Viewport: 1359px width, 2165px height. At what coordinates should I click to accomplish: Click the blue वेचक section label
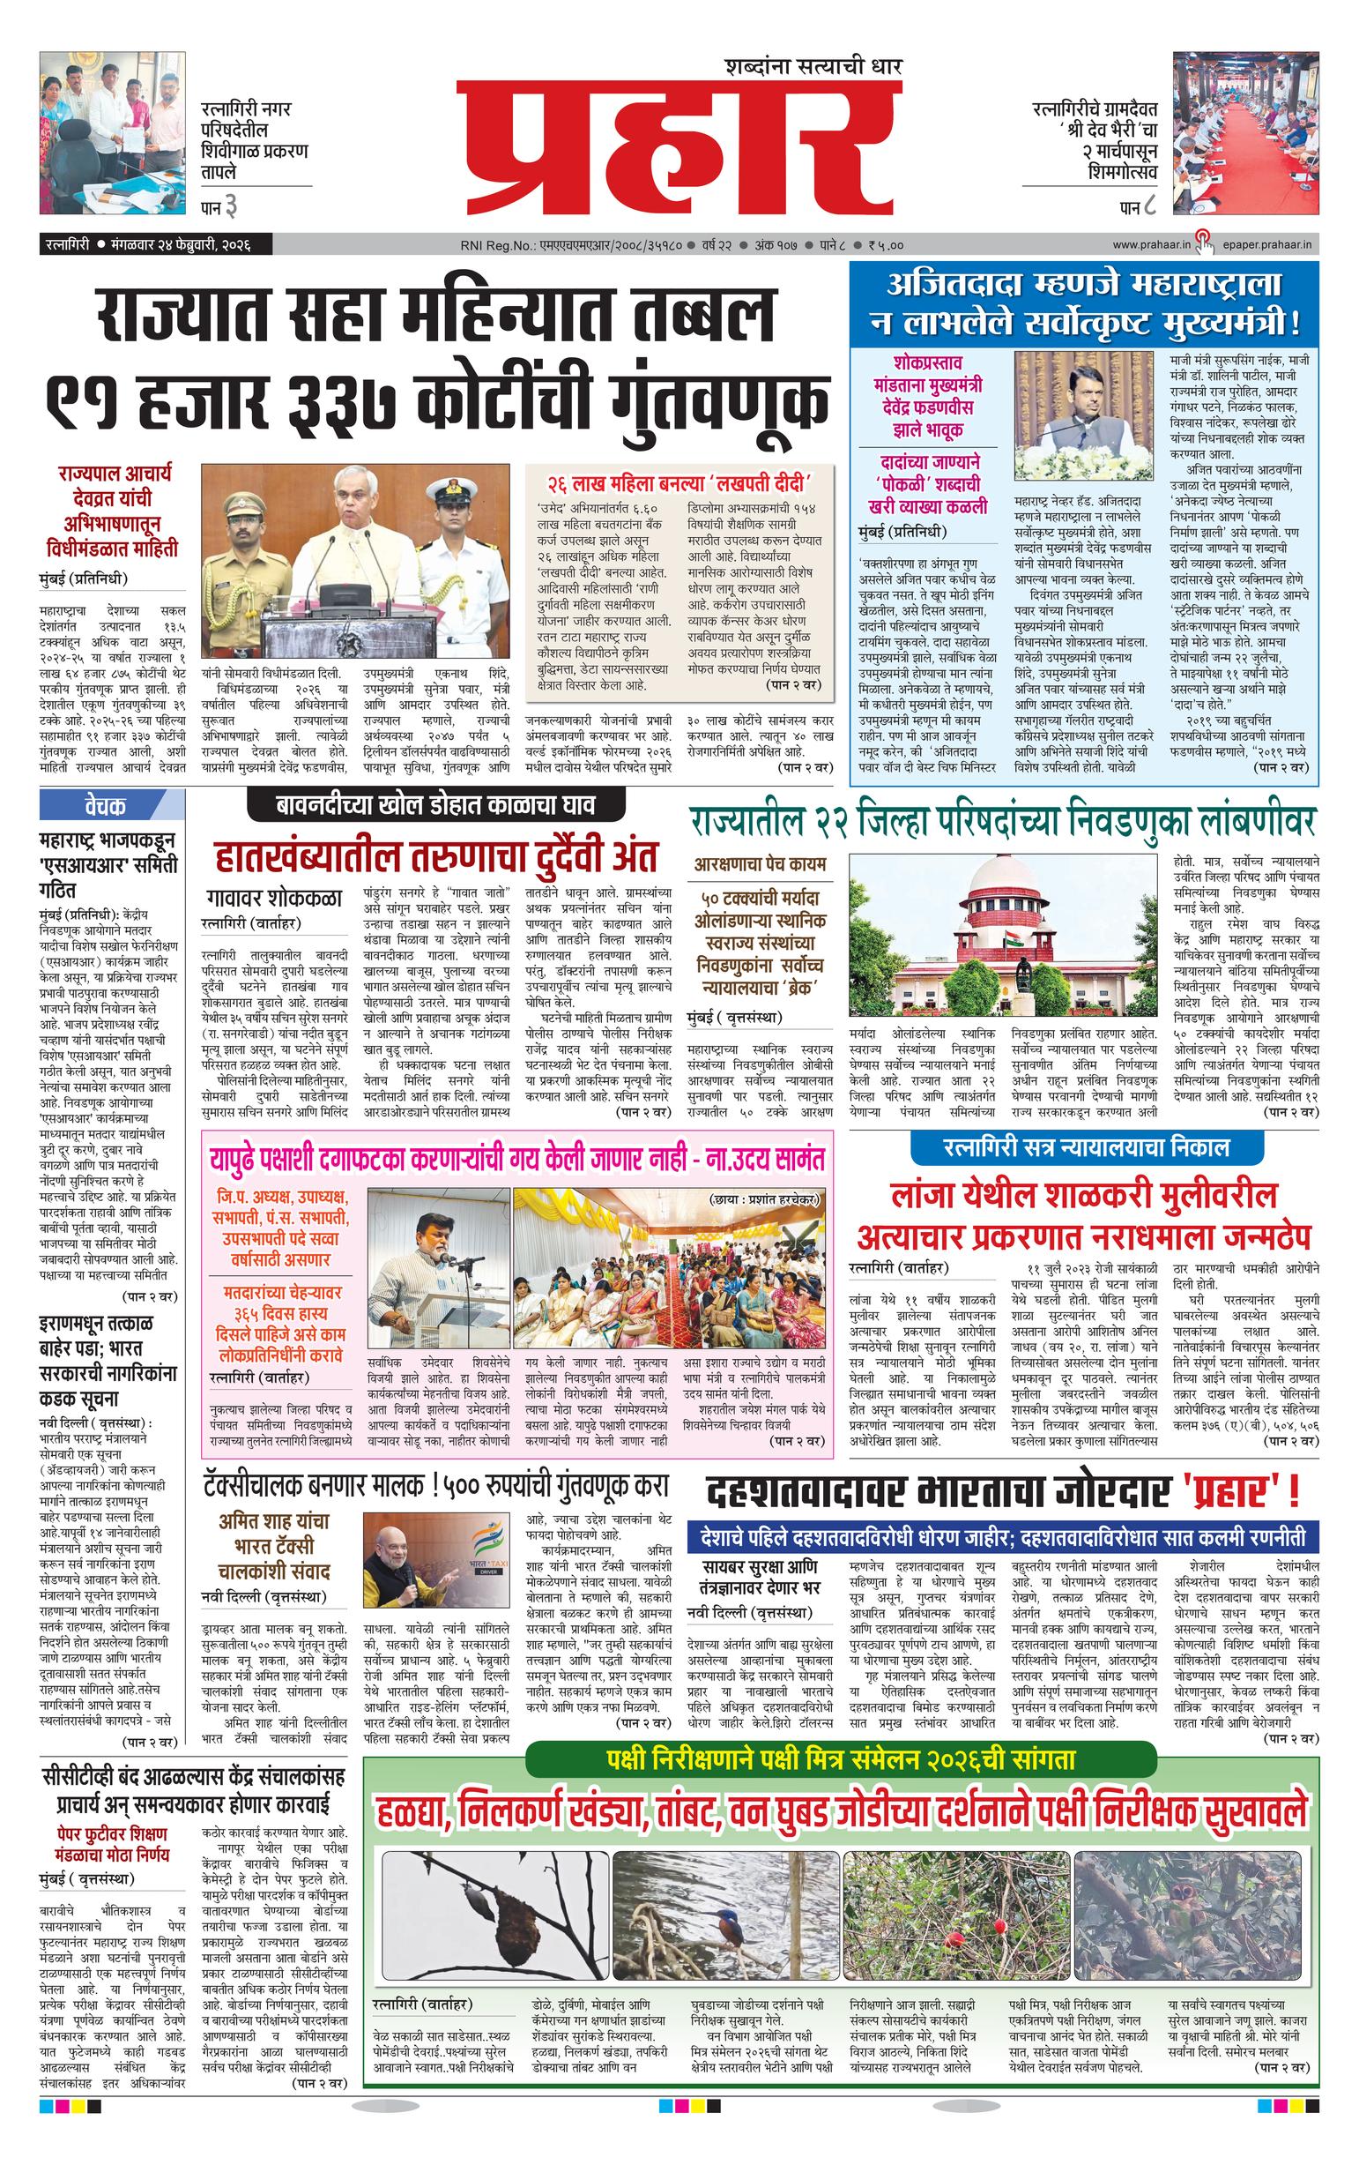pyautogui.click(x=106, y=804)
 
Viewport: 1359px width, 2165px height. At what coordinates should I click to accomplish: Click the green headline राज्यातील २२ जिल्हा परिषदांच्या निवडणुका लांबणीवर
pyautogui.click(x=1002, y=820)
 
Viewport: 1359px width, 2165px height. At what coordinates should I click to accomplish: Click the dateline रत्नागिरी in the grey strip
pyautogui.click(x=67, y=244)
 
